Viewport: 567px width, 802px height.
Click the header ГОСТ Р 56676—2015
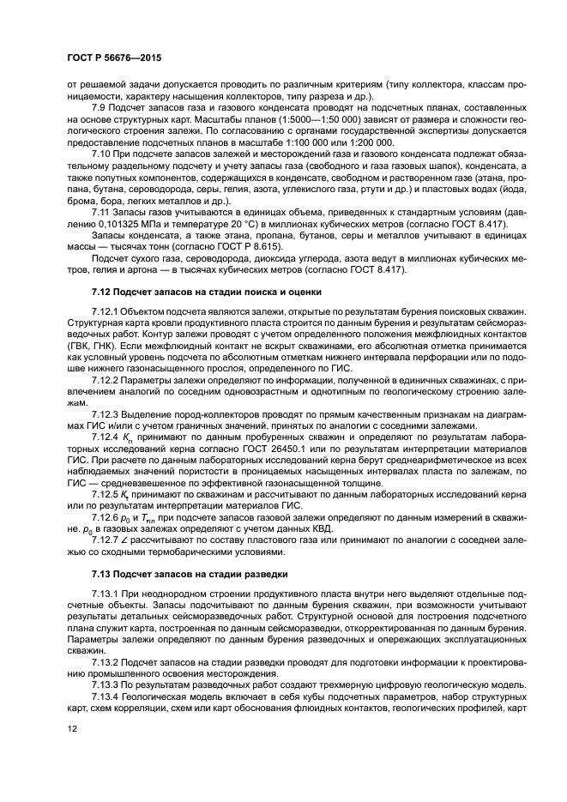click(114, 57)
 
